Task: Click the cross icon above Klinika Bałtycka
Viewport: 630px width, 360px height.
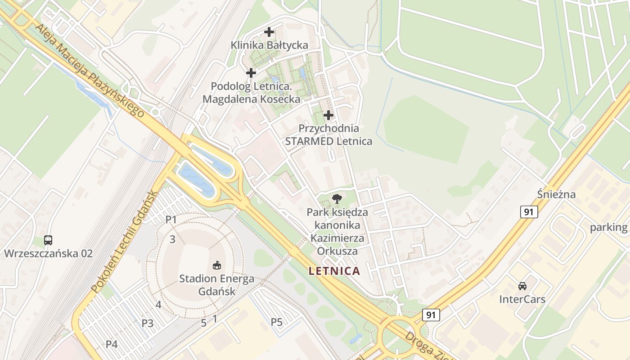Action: click(269, 32)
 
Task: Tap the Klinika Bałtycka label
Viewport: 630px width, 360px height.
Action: click(269, 45)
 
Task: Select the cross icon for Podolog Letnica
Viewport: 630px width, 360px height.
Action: click(251, 72)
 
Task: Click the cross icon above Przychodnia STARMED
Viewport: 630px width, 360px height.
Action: click(329, 115)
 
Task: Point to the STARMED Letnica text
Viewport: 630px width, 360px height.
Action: click(329, 141)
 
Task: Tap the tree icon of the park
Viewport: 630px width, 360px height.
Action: click(337, 198)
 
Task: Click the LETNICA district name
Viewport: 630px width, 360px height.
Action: click(334, 271)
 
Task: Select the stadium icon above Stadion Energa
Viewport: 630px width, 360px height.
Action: click(216, 265)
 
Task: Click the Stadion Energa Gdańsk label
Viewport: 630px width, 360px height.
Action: click(216, 285)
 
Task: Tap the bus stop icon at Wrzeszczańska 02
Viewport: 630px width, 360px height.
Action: click(48, 240)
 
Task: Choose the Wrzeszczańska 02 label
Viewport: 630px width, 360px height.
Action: click(48, 253)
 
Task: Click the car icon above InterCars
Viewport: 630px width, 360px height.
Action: click(522, 286)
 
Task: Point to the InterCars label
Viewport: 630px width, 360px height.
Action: click(522, 299)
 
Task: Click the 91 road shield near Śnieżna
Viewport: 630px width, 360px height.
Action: click(529, 212)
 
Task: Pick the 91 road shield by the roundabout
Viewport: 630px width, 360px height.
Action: click(431, 315)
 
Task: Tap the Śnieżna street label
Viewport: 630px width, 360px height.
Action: click(556, 194)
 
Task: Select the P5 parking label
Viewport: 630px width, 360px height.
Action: click(277, 322)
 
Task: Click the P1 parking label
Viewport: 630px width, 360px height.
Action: click(171, 220)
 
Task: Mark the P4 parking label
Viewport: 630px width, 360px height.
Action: click(112, 344)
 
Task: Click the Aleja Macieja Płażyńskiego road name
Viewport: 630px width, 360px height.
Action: click(90, 70)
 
